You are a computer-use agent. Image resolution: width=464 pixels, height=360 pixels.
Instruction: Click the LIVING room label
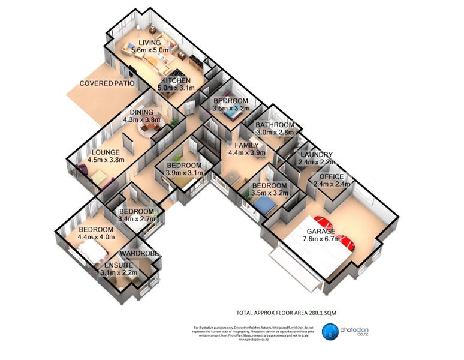[x=149, y=43]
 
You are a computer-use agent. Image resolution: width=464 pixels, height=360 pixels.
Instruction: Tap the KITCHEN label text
[x=174, y=80]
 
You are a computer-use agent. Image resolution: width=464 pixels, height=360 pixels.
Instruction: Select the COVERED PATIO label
[x=105, y=83]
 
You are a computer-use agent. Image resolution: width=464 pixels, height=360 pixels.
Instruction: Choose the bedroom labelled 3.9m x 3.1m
[x=184, y=173]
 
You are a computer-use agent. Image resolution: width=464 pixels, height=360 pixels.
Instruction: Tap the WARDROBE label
[x=139, y=254]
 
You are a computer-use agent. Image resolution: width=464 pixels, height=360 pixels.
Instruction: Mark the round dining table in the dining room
[x=146, y=128]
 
